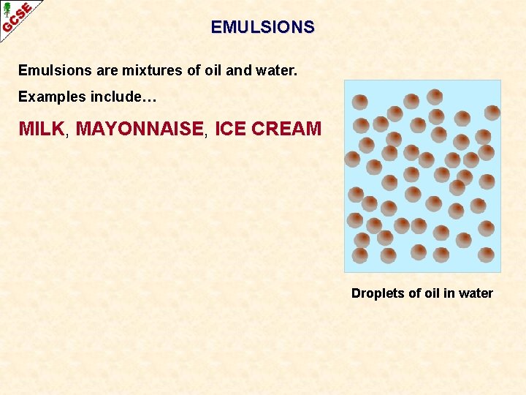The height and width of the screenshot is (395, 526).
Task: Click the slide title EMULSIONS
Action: click(263, 27)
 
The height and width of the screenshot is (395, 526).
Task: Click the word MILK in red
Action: click(42, 129)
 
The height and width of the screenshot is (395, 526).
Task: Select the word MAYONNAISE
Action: click(140, 129)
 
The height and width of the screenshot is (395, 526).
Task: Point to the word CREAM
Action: click(286, 129)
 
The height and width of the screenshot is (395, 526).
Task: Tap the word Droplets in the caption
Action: click(378, 293)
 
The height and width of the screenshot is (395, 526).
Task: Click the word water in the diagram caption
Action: click(476, 293)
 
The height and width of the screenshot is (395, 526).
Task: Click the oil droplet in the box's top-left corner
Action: click(360, 102)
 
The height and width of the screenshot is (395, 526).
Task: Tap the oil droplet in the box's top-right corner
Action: click(492, 112)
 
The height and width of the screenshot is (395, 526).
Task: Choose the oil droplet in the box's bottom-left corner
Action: click(359, 255)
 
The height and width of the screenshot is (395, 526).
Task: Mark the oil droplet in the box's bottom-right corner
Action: click(487, 255)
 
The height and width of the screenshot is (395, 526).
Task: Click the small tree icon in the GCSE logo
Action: click(7, 9)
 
